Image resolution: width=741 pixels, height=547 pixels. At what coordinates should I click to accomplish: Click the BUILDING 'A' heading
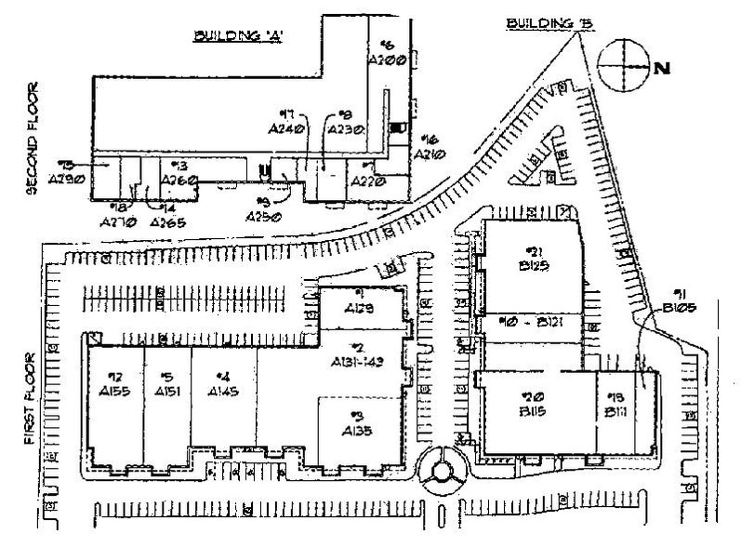pyautogui.click(x=237, y=36)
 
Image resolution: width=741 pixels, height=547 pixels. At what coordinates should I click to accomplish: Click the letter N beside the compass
pyautogui.click(x=663, y=67)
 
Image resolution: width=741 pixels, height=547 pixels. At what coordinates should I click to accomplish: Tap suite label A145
pyautogui.click(x=224, y=392)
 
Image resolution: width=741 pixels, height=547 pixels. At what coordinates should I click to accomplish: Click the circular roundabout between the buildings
pyautogui.click(x=440, y=473)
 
